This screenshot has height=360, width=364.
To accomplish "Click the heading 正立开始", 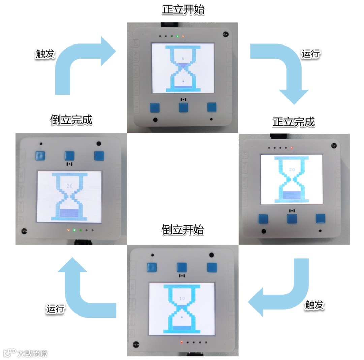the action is click(x=183, y=10).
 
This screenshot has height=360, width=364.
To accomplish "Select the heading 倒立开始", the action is click(x=182, y=230).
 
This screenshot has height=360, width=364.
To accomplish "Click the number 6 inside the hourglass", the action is click(x=183, y=58).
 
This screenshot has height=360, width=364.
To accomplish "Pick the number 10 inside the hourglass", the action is click(x=182, y=298).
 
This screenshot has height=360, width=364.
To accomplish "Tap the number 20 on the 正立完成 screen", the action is click(x=292, y=170).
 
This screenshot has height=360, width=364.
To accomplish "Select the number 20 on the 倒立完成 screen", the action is click(x=69, y=186).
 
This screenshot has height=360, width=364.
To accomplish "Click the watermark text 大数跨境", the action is click(x=32, y=353).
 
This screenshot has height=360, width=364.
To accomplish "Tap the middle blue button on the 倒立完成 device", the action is click(x=70, y=155).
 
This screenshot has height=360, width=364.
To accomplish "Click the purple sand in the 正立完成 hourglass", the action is click(x=292, y=195).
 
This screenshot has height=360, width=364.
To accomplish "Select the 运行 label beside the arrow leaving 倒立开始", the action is click(x=55, y=308).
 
